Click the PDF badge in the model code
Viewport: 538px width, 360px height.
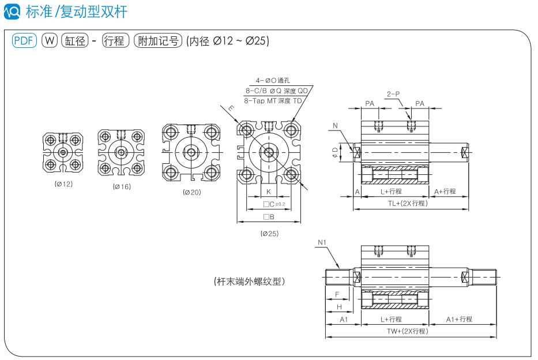coord(24,40)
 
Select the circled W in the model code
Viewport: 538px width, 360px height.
coord(50,40)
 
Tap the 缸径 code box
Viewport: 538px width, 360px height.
coord(75,40)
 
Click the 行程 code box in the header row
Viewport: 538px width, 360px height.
coord(115,40)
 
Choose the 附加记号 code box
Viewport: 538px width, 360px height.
coord(157,40)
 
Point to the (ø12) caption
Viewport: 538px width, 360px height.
coord(63,184)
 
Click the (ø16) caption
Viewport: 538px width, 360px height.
coord(122,186)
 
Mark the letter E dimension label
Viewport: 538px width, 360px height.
coord(231,108)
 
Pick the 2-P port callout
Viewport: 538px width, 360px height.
coord(393,93)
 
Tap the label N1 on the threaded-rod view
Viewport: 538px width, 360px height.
coord(322,242)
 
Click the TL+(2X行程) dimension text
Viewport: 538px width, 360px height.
coord(407,203)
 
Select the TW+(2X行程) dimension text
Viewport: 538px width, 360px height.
coord(407,331)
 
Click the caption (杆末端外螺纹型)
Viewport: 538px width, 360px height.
coord(249,282)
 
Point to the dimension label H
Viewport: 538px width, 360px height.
coord(339,307)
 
